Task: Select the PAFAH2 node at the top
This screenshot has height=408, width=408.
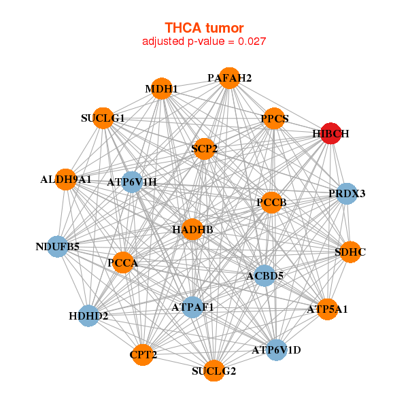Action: click(x=230, y=78)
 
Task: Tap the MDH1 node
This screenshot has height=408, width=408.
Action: click(x=161, y=89)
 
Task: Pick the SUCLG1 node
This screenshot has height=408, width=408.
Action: click(x=103, y=118)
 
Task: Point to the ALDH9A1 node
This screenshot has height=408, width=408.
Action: click(x=65, y=180)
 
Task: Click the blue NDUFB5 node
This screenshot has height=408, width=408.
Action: click(x=58, y=246)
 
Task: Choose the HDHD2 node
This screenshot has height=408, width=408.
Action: click(x=88, y=316)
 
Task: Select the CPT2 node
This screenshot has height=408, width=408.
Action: click(x=142, y=354)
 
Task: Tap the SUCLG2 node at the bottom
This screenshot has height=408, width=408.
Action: click(x=214, y=371)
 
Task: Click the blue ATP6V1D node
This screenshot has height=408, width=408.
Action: click(x=276, y=350)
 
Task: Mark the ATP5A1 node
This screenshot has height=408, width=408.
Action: click(x=328, y=309)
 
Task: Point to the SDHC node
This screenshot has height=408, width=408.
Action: click(x=350, y=252)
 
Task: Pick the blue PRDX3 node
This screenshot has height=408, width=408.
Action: click(x=347, y=194)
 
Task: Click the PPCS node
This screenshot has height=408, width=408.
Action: click(x=275, y=119)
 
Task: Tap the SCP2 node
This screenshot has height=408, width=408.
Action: click(x=204, y=148)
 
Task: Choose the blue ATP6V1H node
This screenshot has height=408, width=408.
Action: click(x=132, y=182)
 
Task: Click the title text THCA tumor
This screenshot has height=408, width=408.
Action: click(x=204, y=28)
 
